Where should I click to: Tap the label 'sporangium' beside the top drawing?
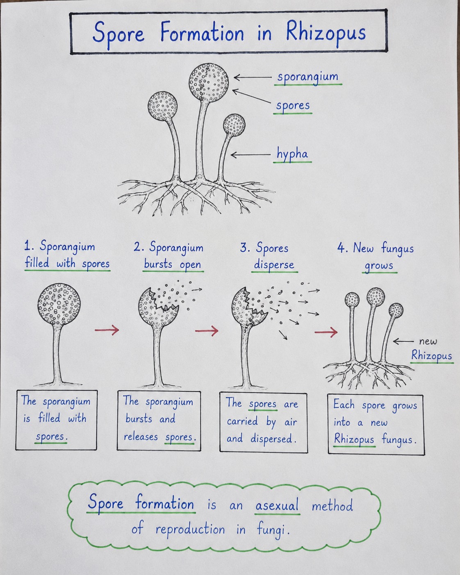coord(308,77)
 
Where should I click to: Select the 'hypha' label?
coord(292,154)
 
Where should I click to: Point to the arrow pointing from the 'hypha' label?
coord(250,155)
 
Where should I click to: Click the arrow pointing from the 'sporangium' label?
coord(253,77)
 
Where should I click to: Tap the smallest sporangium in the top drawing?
coord(234,125)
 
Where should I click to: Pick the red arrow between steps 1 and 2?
coord(107,330)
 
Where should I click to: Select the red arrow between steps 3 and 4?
coord(326,332)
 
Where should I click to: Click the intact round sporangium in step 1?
coord(59,304)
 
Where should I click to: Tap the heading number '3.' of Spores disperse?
coord(245,248)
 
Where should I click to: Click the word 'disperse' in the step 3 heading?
coord(274,265)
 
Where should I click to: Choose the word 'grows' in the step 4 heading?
coord(379,266)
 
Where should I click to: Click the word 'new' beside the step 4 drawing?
coord(428,342)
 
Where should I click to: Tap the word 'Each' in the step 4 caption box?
coord(344,404)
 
